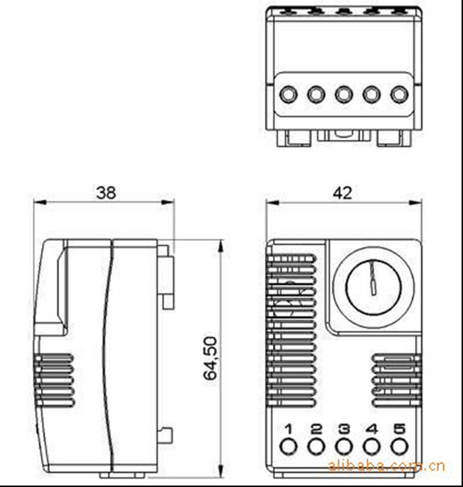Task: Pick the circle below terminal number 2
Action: [x=316, y=447]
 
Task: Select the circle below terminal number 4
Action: [x=372, y=447]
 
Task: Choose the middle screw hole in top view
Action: [x=344, y=94]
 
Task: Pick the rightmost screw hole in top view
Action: [x=399, y=94]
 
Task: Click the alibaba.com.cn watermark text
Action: [x=386, y=466]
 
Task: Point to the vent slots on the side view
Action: [x=54, y=379]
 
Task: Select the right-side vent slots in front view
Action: [x=395, y=379]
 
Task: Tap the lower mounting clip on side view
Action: [x=167, y=435]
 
